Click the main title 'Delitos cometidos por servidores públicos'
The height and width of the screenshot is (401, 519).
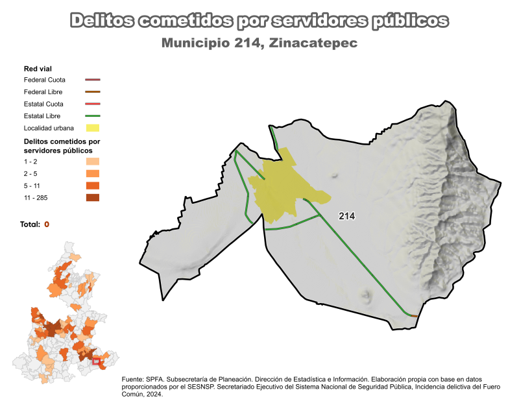(259, 21)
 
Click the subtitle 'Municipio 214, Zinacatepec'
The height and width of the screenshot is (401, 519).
(259, 43)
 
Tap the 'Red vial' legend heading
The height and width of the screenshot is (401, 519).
(38, 68)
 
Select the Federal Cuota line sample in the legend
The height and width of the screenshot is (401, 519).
(93, 80)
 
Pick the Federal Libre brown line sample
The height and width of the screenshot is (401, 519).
(93, 92)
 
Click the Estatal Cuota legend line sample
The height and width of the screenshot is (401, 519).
(93, 104)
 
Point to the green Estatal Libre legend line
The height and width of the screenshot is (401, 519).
(93, 116)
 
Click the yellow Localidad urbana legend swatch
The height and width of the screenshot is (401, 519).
(93, 128)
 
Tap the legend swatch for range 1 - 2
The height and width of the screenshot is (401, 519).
(93, 162)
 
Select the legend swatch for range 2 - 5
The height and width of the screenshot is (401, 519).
(93, 173)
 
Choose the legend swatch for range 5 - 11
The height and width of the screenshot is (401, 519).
(93, 186)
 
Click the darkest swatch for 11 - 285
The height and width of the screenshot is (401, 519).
(93, 197)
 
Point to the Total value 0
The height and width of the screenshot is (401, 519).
(47, 225)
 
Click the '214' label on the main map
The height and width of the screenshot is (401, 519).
(346, 216)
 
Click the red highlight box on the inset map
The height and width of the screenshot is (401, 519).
(97, 361)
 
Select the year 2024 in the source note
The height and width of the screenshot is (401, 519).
(153, 393)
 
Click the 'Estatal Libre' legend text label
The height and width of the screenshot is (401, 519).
(42, 116)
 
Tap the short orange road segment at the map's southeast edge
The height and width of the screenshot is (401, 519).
(414, 315)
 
